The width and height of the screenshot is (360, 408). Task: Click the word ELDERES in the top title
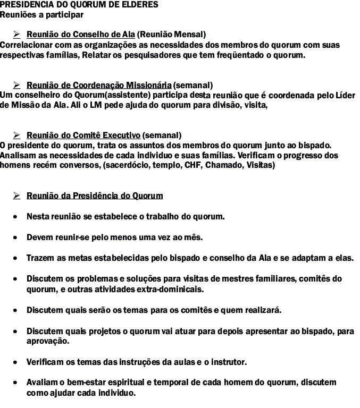coord(141,4)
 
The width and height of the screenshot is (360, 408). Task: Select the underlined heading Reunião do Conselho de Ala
coord(80,35)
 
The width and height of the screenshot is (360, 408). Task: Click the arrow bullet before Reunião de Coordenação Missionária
coord(17,85)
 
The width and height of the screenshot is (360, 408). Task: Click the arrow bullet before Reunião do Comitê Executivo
coord(17,135)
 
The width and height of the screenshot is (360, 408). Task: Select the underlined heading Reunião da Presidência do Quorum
coord(95,196)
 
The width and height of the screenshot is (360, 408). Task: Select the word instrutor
coord(229,362)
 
